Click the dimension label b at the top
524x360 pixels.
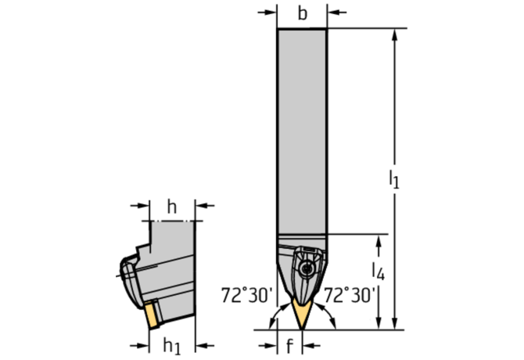(303, 14)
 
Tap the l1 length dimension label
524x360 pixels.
(394, 179)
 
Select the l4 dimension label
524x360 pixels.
(379, 271)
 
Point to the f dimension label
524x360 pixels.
(289, 346)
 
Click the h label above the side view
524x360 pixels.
(172, 207)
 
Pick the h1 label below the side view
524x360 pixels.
(172, 346)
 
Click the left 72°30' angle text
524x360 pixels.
(247, 295)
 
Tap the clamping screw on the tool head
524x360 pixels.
(306, 268)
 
